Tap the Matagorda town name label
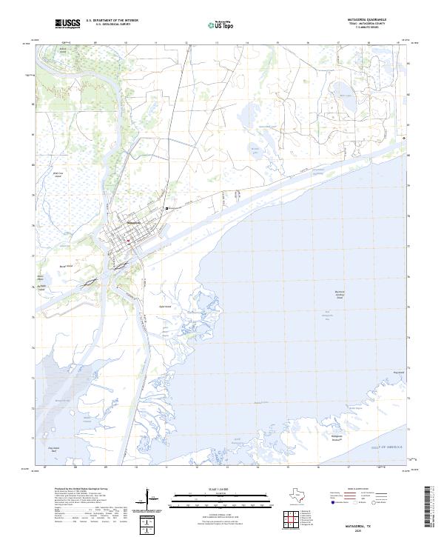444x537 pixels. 134,223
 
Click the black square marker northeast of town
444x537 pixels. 169,209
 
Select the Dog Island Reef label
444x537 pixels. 53,448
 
